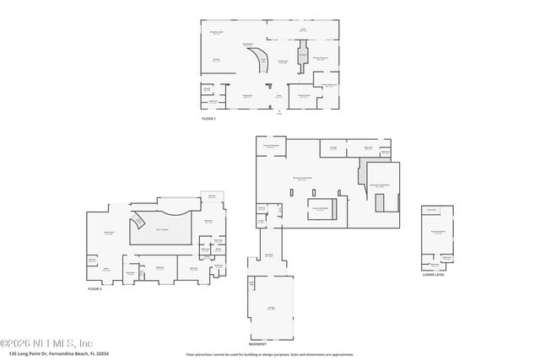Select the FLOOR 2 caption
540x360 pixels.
[94, 288]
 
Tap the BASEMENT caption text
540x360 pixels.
[257, 344]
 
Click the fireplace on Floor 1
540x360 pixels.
[302, 59]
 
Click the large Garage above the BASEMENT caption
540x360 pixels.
[272, 308]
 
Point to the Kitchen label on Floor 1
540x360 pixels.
[216, 59]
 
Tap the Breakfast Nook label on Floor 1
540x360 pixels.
[217, 33]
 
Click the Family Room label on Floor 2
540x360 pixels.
[108, 234]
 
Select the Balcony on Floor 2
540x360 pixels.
[211, 196]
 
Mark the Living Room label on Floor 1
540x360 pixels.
[283, 62]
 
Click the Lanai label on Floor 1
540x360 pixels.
[303, 30]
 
